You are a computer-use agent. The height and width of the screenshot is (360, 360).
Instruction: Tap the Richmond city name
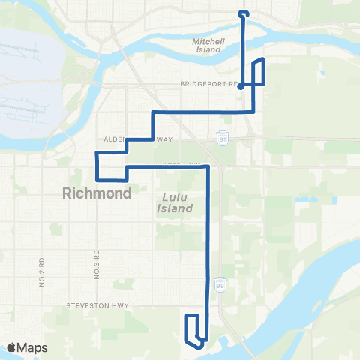click(97, 193)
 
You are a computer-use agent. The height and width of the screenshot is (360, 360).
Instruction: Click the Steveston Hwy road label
click(109, 305)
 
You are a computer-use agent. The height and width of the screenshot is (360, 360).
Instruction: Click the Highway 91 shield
click(223, 139)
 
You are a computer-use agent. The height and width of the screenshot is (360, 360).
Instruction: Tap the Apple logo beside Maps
click(13, 347)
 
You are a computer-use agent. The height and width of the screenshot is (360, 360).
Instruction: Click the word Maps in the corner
click(34, 347)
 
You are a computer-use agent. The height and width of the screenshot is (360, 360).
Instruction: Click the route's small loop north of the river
click(243, 13)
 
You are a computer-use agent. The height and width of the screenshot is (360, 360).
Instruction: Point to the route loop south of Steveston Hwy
click(193, 330)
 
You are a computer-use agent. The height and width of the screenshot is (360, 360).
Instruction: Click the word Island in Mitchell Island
click(208, 50)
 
